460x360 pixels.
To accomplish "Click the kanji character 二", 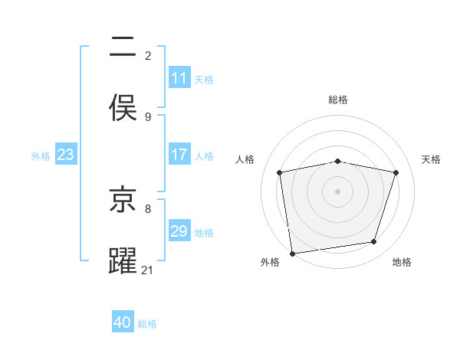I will [x=123, y=48].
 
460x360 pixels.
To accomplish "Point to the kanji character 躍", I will [x=123, y=261].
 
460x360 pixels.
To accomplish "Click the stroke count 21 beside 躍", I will [x=148, y=270].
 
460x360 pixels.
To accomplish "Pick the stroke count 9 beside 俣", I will [x=148, y=116].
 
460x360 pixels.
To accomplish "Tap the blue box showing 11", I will [x=179, y=78].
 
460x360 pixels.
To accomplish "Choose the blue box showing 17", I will [x=179, y=155].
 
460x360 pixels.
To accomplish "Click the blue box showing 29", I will [x=179, y=231].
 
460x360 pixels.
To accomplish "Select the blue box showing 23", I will [x=66, y=155].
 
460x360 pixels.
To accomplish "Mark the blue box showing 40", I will [x=123, y=322].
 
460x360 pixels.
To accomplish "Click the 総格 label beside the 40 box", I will [x=147, y=323].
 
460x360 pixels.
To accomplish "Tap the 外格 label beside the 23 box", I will [x=41, y=155].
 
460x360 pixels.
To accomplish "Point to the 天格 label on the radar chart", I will [x=431, y=159].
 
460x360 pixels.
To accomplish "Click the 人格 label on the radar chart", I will [x=245, y=159].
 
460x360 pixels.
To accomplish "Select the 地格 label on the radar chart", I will [x=402, y=262].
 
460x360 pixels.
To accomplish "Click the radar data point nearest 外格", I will [x=292, y=253].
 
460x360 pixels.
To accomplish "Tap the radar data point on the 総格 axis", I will [x=338, y=161].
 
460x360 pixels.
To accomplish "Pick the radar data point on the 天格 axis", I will [x=396, y=172].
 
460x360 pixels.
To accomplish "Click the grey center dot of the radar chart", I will [x=338, y=191].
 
